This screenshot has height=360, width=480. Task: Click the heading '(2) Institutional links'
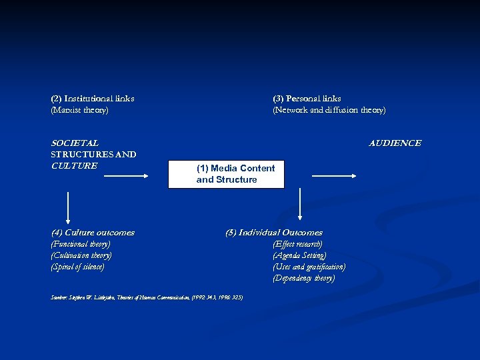point(93,99)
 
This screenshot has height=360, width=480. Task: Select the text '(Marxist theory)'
point(79,110)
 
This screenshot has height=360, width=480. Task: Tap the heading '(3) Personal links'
point(307,99)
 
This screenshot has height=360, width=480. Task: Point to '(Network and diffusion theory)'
point(329,110)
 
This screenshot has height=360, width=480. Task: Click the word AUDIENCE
point(395,143)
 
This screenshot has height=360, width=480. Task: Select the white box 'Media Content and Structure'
point(226,174)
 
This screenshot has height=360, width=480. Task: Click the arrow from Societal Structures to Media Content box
point(125,176)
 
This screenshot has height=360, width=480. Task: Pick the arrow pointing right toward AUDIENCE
point(335,176)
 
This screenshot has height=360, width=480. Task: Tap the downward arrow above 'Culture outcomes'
point(67,207)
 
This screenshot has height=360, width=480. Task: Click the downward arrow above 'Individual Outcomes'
point(300,204)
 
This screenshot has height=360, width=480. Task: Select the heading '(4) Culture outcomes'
point(93,233)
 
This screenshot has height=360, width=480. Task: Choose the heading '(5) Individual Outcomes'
point(273,233)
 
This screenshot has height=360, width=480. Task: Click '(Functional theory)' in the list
point(81,244)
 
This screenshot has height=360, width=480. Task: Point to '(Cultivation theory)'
point(81,255)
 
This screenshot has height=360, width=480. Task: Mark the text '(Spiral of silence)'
point(77,267)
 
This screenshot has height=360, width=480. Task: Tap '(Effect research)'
point(297,244)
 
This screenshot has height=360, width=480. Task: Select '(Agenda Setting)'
point(299,255)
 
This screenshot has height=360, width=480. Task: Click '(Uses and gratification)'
point(309,267)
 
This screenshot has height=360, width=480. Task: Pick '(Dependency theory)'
point(303,278)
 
